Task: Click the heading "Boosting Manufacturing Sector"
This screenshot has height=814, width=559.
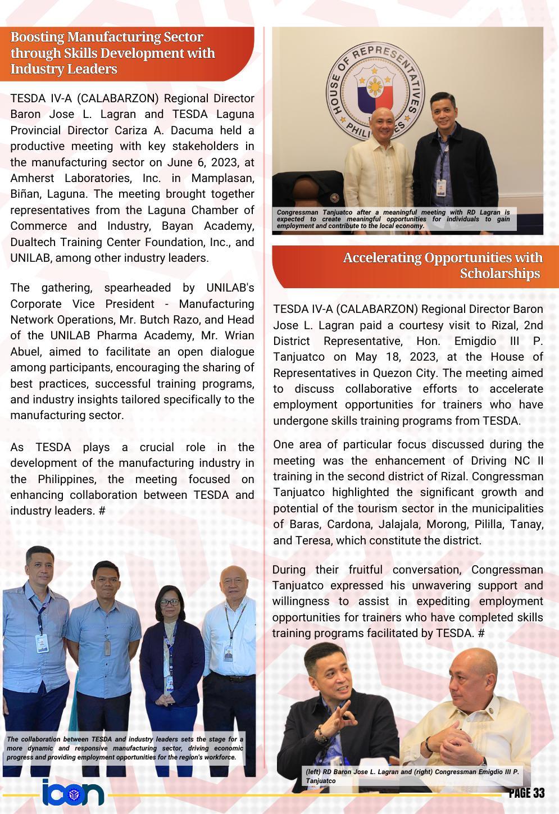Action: coord(107,38)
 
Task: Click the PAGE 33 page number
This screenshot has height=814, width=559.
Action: coord(526,793)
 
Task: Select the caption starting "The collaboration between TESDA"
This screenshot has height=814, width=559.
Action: coord(125,748)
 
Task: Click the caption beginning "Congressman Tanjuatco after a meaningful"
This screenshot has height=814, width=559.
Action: coord(393,219)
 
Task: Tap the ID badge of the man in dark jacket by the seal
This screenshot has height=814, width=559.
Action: coord(442,186)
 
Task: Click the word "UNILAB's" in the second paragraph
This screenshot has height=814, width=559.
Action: coord(230,288)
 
